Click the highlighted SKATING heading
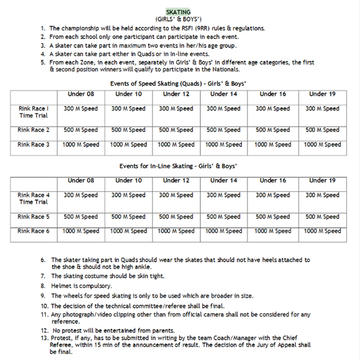tap(179, 12)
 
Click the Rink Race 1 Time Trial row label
tap(34, 112)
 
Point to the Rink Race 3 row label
tap(34, 145)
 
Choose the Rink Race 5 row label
tap(34, 217)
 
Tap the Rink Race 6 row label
tap(34, 231)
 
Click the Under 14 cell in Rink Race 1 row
tap(223, 109)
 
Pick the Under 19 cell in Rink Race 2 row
tap(322, 130)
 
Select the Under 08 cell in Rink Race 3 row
tap(81, 145)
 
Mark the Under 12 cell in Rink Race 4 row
tap(176, 195)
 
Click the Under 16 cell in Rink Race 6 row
tap(272, 231)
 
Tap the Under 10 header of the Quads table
tap(128, 94)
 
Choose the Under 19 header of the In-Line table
tap(322, 181)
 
